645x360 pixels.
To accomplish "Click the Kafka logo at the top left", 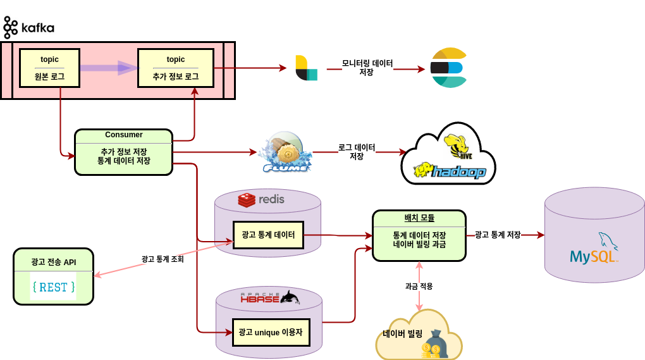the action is pyautogui.click(x=28, y=28).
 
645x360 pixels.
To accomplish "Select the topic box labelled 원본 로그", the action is pyautogui.click(x=49, y=68).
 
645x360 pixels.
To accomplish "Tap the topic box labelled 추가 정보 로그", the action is pyautogui.click(x=176, y=68).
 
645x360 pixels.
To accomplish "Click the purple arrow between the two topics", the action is pyautogui.click(x=109, y=68).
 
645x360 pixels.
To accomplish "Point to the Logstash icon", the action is pyautogui.click(x=307, y=68).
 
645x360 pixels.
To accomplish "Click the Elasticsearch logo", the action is pyautogui.click(x=449, y=68).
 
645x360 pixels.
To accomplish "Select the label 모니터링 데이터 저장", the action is pyautogui.click(x=367, y=68).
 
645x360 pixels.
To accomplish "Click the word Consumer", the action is pyautogui.click(x=123, y=135).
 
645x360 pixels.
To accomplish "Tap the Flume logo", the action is pyautogui.click(x=285, y=152).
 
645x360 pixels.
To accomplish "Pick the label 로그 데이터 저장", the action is pyautogui.click(x=357, y=152).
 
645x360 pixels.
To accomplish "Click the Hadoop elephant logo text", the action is pyautogui.click(x=450, y=171).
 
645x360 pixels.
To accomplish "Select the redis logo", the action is pyautogui.click(x=261, y=199).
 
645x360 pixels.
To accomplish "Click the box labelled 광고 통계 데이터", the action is pyautogui.click(x=268, y=235).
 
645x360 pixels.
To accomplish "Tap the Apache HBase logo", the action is pyautogui.click(x=270, y=297).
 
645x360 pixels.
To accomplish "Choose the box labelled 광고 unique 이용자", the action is pyautogui.click(x=271, y=332).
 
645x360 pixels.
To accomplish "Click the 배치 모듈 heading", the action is pyautogui.click(x=419, y=218).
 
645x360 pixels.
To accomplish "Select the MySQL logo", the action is pyautogui.click(x=594, y=248).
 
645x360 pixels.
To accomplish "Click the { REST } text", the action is pyautogui.click(x=54, y=287).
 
